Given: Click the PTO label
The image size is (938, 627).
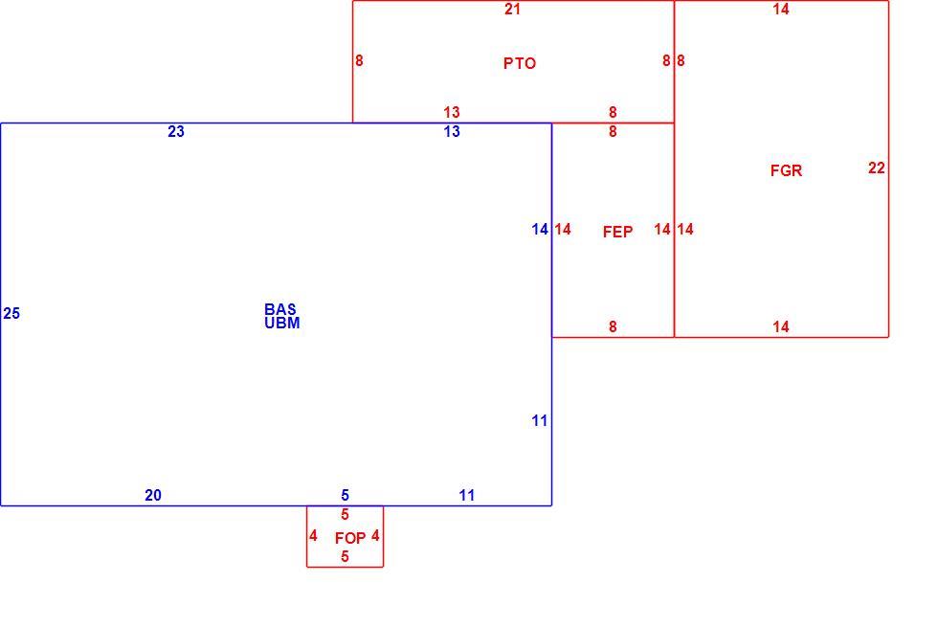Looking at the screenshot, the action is [x=519, y=63].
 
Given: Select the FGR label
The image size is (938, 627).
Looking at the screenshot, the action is [x=786, y=170].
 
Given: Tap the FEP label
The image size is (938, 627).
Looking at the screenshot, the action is [x=617, y=232].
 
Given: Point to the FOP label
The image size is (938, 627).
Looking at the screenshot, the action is [x=350, y=538].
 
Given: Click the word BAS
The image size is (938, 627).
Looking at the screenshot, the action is [x=279, y=309].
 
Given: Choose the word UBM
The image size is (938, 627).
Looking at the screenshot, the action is [x=281, y=324].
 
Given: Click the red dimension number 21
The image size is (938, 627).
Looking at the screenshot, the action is [x=512, y=9].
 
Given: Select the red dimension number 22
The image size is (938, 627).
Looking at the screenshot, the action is [x=877, y=168].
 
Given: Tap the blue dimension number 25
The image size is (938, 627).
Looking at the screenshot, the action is [x=11, y=314].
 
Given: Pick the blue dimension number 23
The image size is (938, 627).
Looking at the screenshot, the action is [x=176, y=132].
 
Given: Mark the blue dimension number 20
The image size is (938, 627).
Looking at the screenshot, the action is [x=152, y=496].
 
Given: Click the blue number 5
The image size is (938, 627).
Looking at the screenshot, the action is [x=345, y=496].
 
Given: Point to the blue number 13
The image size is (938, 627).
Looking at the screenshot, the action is [x=452, y=132].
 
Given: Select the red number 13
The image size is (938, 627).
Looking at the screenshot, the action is [x=452, y=113].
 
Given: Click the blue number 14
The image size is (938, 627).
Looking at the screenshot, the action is [x=540, y=229].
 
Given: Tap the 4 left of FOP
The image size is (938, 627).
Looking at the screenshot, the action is [x=313, y=535].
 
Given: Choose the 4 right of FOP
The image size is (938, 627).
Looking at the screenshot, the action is [x=375, y=535].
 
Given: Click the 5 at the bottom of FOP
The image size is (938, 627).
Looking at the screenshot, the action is [x=345, y=556].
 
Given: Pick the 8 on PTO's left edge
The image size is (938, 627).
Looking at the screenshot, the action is [x=359, y=60].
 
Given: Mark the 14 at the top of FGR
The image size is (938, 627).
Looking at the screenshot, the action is [x=781, y=9].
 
